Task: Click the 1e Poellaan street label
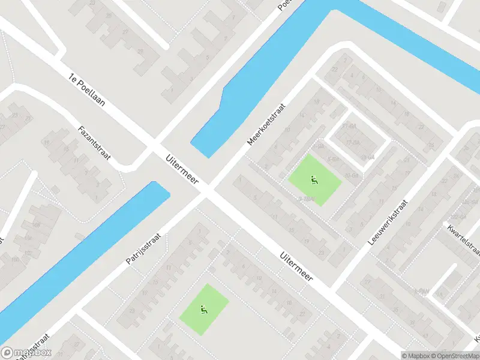pyautogui.click(x=87, y=90)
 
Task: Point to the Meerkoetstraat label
pyautogui.click(x=266, y=124)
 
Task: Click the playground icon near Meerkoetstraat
pyautogui.click(x=313, y=179)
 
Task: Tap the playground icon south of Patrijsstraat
pyautogui.click(x=204, y=310)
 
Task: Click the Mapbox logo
pyautogui.click(x=26, y=353)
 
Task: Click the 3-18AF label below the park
pyautogui.click(x=307, y=199)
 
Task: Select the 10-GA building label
pyautogui.click(x=352, y=175)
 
